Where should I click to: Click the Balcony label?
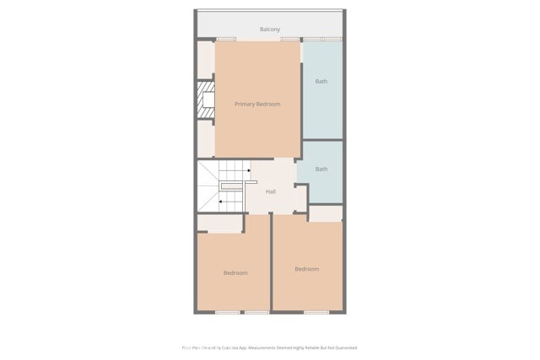tap(270, 30)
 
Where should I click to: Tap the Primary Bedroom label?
tap(257, 104)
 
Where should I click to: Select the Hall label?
tap(271, 191)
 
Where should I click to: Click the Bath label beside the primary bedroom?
tap(321, 82)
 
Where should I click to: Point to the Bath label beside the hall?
tap(321, 169)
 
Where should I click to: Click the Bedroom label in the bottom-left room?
tap(235, 272)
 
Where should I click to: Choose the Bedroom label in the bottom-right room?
tap(307, 269)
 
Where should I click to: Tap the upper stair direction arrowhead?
tap(249, 169)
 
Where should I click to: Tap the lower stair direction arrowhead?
tap(220, 201)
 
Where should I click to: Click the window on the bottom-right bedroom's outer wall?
tap(316, 312)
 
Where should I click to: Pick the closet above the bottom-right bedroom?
tap(326, 213)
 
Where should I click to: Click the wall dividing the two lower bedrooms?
tap(271, 263)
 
